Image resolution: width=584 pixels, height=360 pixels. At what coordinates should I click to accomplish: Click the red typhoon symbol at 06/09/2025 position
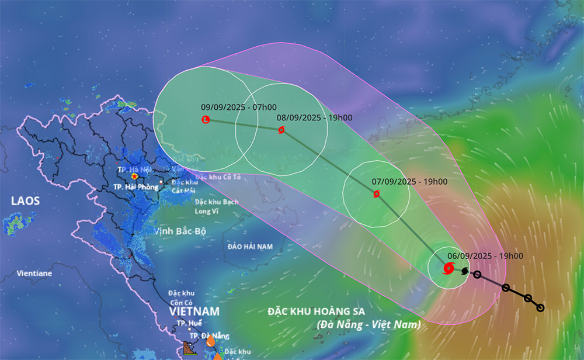pos(449,268)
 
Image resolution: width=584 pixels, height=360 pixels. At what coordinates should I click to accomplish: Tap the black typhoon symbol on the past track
pos(465,271)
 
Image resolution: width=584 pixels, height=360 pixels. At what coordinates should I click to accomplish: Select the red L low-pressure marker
pos(206,120)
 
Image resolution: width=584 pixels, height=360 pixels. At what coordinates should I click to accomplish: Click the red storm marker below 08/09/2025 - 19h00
pos(281,130)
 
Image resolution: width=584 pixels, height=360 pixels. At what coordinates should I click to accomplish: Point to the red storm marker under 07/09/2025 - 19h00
pos(376,193)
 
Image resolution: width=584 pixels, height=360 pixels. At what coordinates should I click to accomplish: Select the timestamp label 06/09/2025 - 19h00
pos(485,256)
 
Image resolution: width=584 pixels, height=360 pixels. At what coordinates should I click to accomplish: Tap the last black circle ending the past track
pos(540,307)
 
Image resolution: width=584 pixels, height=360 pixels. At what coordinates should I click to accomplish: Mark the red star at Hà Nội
pos(135,176)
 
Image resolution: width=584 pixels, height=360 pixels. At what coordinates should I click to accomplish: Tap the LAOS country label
pos(25,201)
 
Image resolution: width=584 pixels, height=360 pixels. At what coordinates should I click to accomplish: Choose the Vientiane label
pos(34,273)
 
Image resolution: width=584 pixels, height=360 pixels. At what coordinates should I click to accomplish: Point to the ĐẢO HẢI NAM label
pos(251,247)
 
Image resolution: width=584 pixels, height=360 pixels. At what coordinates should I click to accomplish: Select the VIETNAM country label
pos(194,312)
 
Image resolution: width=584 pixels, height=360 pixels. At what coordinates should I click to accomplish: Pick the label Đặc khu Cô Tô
pos(218,176)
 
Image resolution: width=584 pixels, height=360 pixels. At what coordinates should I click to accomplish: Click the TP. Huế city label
pos(190,323)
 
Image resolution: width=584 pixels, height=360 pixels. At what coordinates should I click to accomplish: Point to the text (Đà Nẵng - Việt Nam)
pos(369,324)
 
